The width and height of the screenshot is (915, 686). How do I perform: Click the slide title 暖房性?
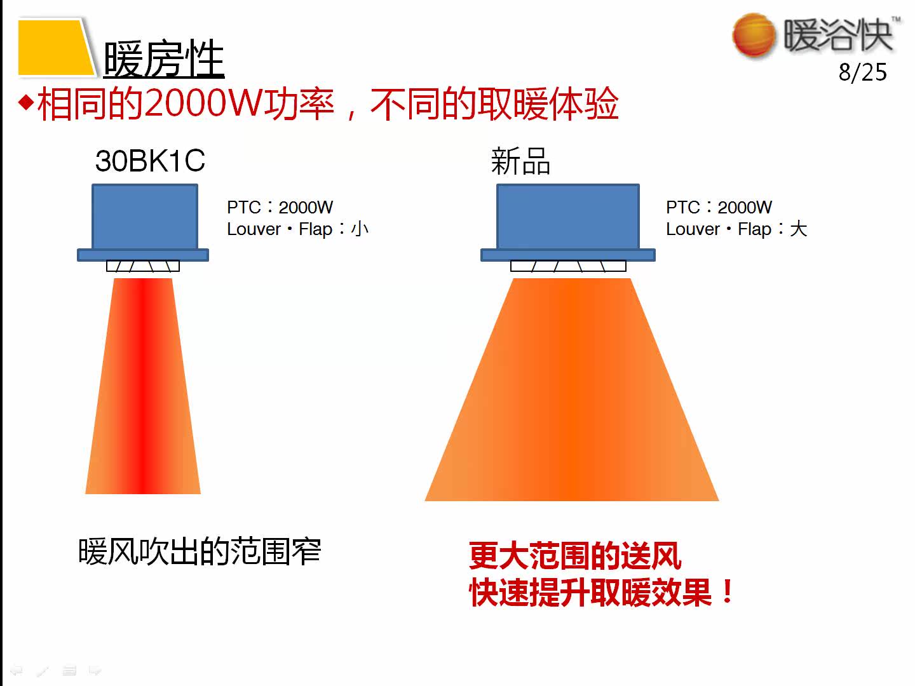pos(164,59)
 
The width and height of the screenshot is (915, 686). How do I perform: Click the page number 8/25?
pos(862,72)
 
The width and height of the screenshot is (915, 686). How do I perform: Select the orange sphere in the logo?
pos(754,35)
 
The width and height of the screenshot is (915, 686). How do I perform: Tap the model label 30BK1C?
pos(150,161)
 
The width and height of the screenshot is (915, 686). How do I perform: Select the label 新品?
pos(520,161)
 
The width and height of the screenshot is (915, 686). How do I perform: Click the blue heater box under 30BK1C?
pos(145,217)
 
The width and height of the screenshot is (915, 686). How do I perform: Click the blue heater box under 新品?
pos(567,217)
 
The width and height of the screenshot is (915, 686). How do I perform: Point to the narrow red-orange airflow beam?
pos(144,387)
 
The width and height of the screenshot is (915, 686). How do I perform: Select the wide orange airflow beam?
pos(571,394)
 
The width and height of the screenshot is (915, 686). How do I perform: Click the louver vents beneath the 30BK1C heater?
pos(143,266)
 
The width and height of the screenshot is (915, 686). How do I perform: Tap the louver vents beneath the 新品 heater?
pos(568,266)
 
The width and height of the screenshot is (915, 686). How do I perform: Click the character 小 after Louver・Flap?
pos(360,229)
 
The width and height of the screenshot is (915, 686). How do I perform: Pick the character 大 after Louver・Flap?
pos(798,229)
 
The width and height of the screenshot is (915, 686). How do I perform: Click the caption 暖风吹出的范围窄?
pos(200,551)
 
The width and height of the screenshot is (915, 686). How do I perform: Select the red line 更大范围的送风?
pos(575,556)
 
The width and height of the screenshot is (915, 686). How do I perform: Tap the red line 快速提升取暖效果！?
pos(601,593)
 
